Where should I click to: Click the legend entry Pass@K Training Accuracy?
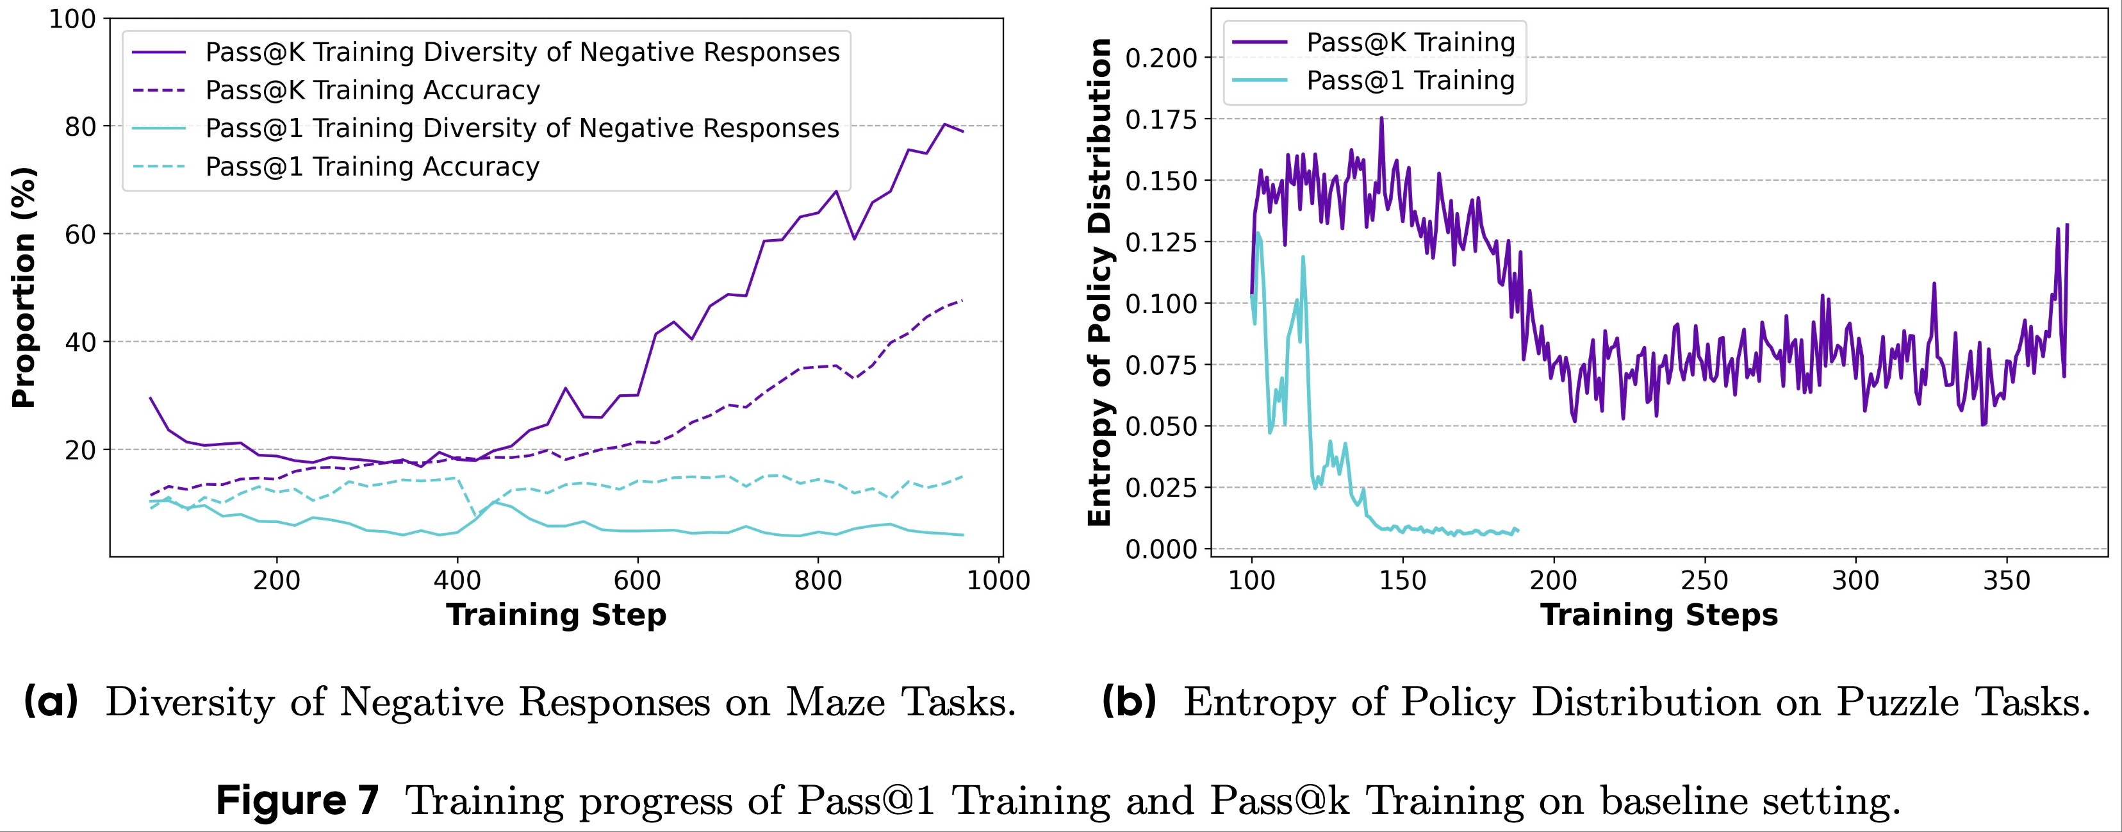[372, 90]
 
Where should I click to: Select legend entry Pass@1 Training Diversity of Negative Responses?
[522, 128]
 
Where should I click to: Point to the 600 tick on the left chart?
[637, 580]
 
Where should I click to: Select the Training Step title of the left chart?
[556, 615]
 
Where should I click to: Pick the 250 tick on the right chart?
[1704, 581]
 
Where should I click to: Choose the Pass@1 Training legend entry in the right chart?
[1410, 80]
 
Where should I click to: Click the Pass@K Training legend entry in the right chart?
[1410, 42]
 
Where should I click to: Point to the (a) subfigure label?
[51, 702]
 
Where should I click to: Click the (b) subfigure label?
[1130, 702]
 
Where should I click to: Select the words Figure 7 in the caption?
[298, 800]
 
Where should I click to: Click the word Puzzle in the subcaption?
[1895, 702]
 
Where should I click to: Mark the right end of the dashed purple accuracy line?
[962, 300]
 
